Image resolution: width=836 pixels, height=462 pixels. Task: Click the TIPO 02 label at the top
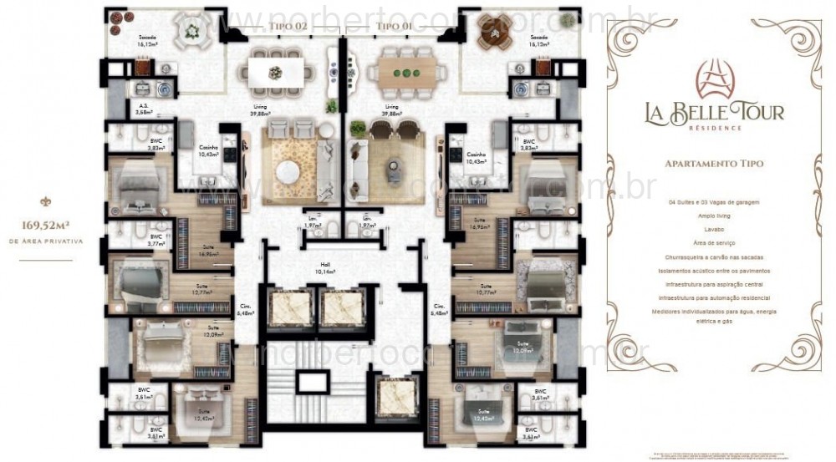(x=288, y=28)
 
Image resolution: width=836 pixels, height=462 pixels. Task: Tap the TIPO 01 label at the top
(x=392, y=28)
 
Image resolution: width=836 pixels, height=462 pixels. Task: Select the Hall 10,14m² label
(x=324, y=268)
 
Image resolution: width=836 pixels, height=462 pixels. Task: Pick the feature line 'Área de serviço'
(x=713, y=243)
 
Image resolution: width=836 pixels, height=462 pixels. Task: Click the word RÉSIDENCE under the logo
(x=713, y=129)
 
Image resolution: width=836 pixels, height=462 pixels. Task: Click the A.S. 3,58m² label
(x=145, y=109)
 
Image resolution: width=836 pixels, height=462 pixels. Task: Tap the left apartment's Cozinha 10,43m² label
(x=207, y=151)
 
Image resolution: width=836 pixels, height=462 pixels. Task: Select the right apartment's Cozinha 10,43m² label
(x=477, y=157)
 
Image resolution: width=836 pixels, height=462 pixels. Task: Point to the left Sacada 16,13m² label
(x=150, y=42)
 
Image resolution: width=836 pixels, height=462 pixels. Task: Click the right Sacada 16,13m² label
(x=538, y=42)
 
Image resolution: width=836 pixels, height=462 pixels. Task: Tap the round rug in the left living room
(x=288, y=168)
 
